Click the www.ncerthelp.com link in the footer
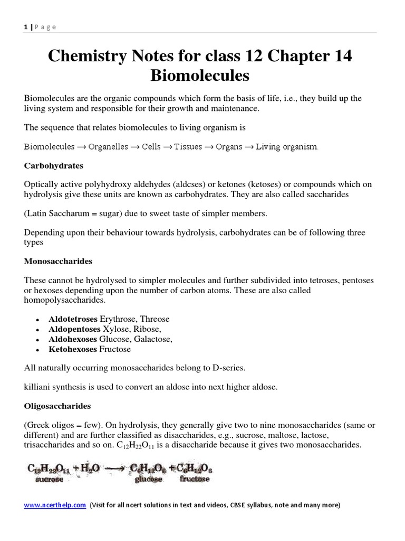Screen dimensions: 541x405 point(55,505)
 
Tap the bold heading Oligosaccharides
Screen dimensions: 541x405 point(57,406)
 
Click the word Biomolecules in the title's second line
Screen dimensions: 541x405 point(199,76)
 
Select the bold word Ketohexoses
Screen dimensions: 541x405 point(73,349)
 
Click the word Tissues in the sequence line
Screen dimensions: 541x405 point(188,147)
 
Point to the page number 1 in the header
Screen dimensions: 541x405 point(25,27)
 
